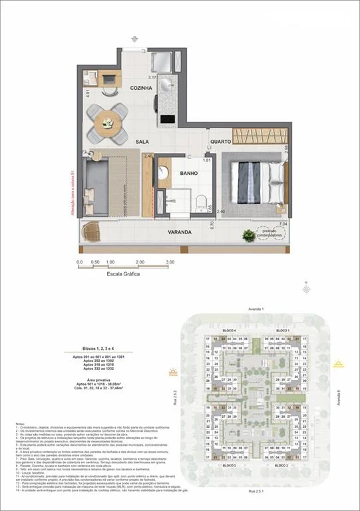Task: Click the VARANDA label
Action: pos(180,232)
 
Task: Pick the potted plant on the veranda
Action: pos(248,234)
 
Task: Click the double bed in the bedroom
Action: pos(253,180)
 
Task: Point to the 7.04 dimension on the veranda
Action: pos(283,225)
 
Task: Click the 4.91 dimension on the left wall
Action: pos(88,93)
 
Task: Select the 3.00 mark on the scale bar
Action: pos(170,262)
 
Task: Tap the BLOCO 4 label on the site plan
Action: pos(230,331)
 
